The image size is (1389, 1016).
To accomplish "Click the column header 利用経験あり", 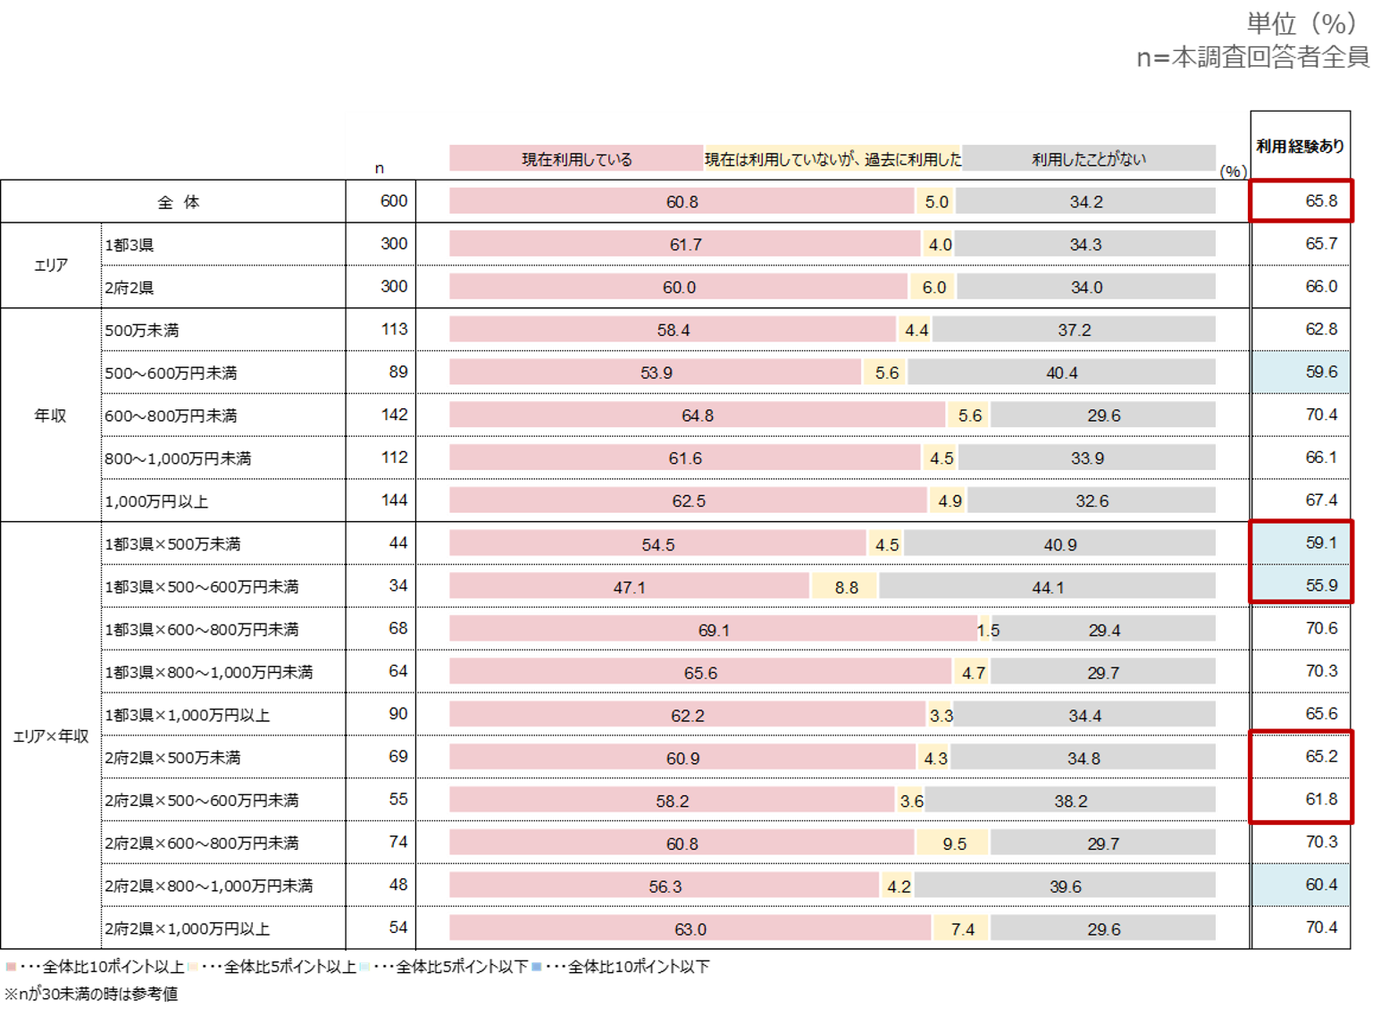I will point(1300,146).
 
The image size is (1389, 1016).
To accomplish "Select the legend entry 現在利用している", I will point(576,159).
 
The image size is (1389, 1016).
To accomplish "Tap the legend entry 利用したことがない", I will point(1088,159).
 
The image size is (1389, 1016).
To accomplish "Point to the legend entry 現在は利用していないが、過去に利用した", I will point(833,159).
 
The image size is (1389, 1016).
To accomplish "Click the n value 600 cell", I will point(393,201).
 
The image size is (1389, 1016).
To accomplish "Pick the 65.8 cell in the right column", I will point(1320,201).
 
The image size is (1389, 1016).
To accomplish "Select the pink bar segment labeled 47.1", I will point(629,587).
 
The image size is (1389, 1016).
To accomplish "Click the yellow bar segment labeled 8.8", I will point(845,587).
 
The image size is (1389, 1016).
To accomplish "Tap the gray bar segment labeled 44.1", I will point(1047,587).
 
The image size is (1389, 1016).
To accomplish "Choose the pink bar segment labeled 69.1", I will point(713,630).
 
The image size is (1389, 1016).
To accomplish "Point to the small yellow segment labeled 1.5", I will point(985,630).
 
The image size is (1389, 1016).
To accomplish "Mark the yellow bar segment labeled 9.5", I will point(953,844).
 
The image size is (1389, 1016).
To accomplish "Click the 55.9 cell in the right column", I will point(1320,585).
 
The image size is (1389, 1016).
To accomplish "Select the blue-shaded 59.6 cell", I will point(1320,372).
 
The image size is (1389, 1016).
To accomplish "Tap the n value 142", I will point(393,415).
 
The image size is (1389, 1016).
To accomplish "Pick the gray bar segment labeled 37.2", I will point(1074,330).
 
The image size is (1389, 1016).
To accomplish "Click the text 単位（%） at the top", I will point(1301,23).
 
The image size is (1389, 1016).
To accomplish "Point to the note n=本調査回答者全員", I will point(1252,58).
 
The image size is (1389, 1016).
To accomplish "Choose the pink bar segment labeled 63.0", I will point(690,929).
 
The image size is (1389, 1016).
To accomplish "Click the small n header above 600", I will point(380,168).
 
